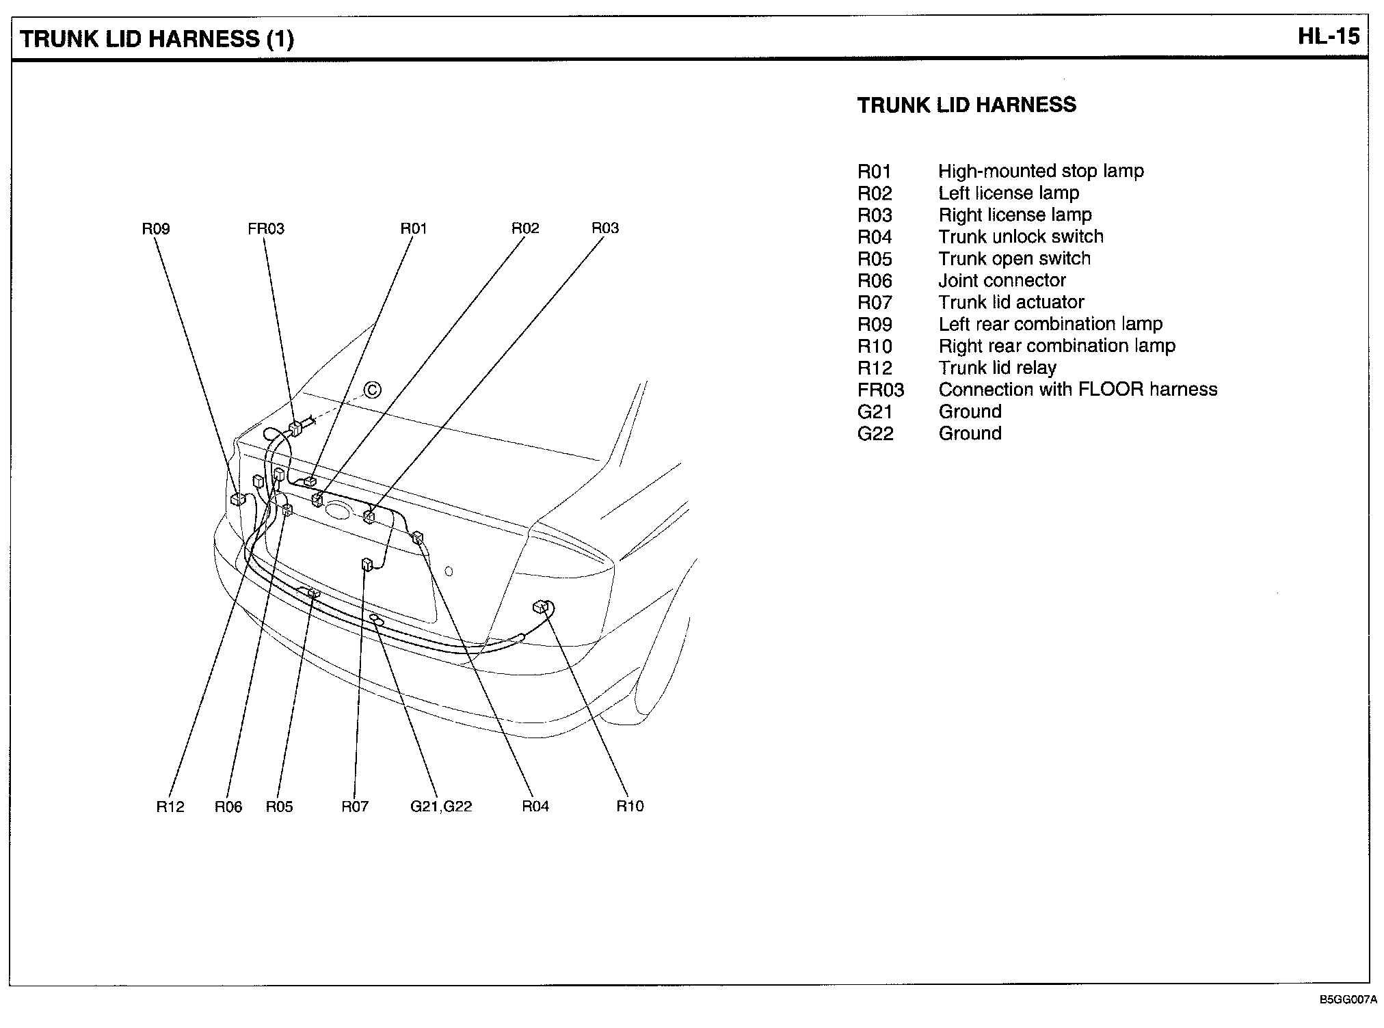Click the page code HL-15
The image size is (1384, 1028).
tap(1329, 36)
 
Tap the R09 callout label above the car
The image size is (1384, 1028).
tap(155, 229)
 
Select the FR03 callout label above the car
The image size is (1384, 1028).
tap(265, 229)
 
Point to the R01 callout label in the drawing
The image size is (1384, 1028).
tap(413, 229)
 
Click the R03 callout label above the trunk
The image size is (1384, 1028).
tap(604, 228)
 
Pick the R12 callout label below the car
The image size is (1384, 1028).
tap(170, 807)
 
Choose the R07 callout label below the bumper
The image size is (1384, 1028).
tap(355, 807)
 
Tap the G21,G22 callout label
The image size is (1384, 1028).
tap(441, 807)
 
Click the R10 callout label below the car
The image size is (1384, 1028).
tap(630, 807)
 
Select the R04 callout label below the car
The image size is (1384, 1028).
tap(535, 807)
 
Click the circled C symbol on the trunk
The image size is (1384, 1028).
tap(372, 390)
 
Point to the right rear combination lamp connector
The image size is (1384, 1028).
tap(541, 606)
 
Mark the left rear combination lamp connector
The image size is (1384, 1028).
tap(237, 499)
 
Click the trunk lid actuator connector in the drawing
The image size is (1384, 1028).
tap(367, 564)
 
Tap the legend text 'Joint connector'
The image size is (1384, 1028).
tap(1002, 280)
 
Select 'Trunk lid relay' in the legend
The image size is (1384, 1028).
tap(997, 368)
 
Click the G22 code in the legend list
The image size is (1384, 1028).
tap(875, 433)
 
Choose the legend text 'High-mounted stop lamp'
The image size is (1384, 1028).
tap(1040, 171)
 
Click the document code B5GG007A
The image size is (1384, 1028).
tap(1348, 1000)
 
